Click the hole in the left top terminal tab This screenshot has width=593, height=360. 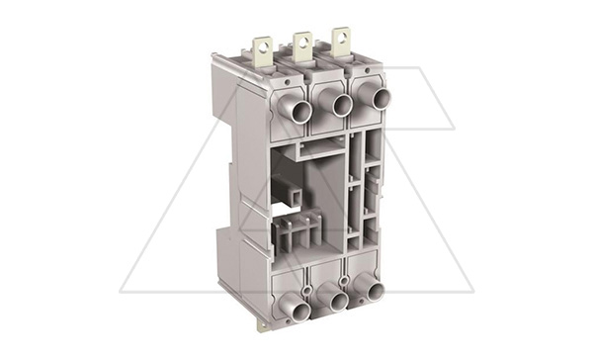262,45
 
